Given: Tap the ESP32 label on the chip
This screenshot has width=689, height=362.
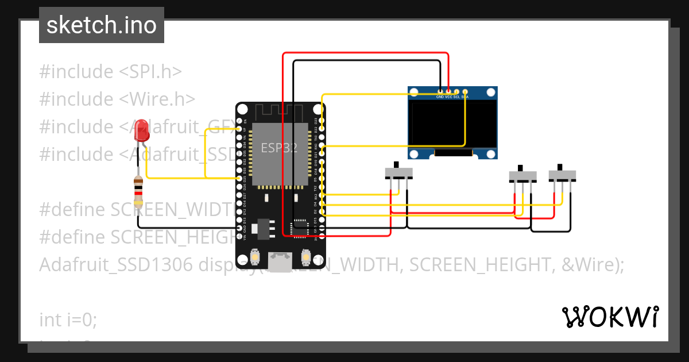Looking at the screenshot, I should [x=280, y=147].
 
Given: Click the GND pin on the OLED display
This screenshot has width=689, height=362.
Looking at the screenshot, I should [x=440, y=91].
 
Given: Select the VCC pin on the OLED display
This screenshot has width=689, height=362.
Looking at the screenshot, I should [x=448, y=91].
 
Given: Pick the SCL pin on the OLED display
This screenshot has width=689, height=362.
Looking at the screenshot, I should [x=456, y=91].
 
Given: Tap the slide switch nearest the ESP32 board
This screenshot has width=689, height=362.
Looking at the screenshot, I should [x=398, y=172].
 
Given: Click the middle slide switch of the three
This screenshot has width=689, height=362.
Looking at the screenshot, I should [x=523, y=175].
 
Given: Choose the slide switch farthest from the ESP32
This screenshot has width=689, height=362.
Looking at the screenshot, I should [x=562, y=175].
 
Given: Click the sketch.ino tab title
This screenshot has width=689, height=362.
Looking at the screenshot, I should [x=102, y=25].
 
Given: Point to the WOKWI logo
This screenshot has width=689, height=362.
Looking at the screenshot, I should [x=610, y=317].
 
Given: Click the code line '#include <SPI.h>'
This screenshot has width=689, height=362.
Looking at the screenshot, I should [x=110, y=72].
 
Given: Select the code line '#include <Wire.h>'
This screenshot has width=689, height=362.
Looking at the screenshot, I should [x=117, y=99].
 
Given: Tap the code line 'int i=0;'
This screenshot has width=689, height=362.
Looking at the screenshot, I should [x=68, y=319].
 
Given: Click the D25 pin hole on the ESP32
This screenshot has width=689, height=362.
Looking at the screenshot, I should [x=239, y=179].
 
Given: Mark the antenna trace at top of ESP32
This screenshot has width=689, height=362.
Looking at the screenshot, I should [x=280, y=111].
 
